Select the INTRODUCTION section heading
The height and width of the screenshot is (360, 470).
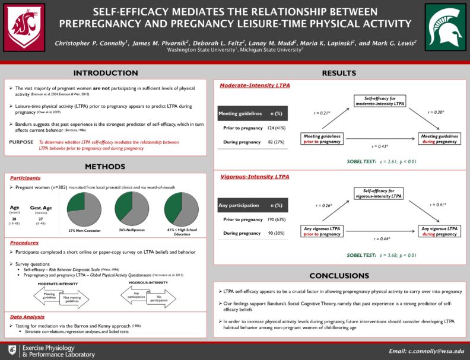coord(105,73)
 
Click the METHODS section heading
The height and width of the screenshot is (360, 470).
coord(105,166)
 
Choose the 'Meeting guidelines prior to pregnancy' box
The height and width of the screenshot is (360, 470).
coord(322,139)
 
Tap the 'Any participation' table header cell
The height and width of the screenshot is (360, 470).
coord(240,205)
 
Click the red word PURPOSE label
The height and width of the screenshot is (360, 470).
coord(21,142)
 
